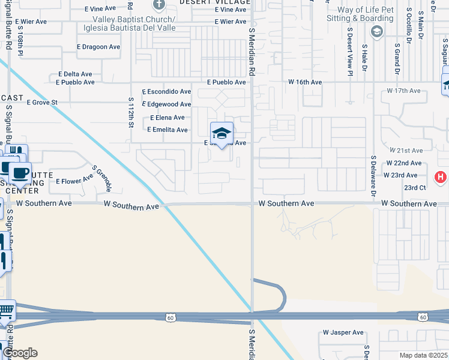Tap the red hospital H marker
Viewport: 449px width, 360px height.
click(441, 177)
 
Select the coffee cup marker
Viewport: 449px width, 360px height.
click(20, 173)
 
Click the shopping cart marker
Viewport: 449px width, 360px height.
click(5, 310)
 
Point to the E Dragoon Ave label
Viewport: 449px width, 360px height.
click(99, 47)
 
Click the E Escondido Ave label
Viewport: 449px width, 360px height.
click(166, 92)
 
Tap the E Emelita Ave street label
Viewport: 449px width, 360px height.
click(168, 130)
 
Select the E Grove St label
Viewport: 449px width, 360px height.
click(42, 103)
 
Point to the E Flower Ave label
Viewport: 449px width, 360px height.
click(74, 181)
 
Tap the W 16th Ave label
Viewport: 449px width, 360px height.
click(304, 82)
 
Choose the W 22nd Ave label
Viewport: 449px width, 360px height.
click(403, 163)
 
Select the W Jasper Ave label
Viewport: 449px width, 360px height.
click(343, 332)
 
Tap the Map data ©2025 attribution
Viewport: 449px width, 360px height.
click(423, 355)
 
